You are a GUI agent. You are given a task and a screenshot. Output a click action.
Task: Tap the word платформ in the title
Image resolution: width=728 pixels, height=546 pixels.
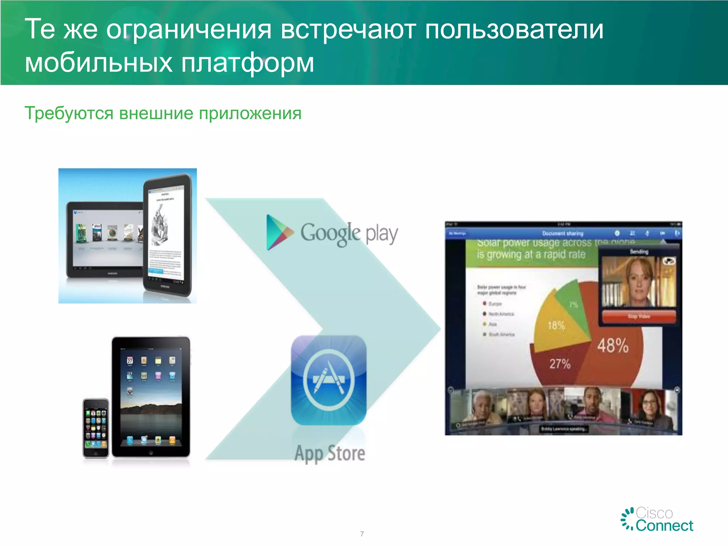pos(247,63)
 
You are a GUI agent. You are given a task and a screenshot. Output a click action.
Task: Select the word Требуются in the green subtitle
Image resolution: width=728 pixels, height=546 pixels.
pos(69,113)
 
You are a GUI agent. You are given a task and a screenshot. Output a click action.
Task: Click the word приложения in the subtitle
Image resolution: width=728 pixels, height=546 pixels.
pos(250,113)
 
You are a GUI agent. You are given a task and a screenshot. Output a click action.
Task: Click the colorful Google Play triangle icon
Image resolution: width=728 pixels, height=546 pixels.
pos(278,232)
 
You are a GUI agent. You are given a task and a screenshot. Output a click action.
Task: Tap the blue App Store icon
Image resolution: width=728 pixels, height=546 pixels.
pos(328,380)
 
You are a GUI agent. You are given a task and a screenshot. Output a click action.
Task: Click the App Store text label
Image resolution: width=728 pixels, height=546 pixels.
pos(330,454)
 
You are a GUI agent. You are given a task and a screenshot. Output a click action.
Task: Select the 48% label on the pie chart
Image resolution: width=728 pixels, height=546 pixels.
pos(613,345)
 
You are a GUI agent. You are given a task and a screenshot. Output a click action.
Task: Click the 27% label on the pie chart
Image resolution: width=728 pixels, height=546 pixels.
pos(560,364)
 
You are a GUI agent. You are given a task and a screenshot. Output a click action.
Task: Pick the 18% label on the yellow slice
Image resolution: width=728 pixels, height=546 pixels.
pos(556,325)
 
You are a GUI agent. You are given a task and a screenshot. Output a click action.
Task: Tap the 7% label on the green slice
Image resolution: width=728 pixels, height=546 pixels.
pos(573,305)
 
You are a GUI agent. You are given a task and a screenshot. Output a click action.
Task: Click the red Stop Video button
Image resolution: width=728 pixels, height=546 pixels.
pos(639,316)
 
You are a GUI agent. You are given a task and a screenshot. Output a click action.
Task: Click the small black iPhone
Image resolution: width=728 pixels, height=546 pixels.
pos(96,428)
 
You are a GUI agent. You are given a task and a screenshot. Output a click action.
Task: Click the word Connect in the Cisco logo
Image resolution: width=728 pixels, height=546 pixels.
pos(664,526)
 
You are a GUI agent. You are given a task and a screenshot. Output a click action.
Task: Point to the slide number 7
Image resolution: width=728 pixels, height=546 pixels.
pos(362,534)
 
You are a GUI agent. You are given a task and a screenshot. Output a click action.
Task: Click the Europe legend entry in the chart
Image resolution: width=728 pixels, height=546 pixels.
pos(494,304)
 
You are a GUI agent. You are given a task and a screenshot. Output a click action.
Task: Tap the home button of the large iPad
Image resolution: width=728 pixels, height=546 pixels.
pos(151,453)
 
